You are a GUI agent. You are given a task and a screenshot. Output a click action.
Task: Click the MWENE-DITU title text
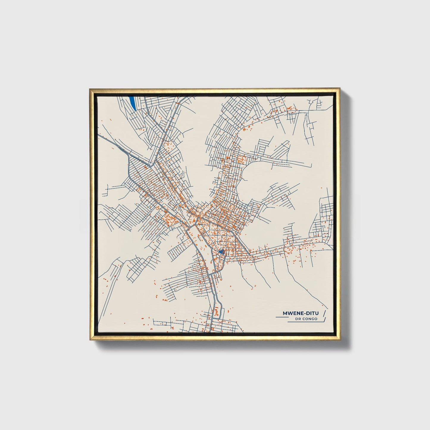[x=300, y=313]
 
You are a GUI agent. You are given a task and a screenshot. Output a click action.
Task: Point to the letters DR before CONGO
[x=297, y=319]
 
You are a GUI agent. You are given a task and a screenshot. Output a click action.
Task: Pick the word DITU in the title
[x=312, y=313]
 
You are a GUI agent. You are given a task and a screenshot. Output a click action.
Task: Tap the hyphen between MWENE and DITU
[x=305, y=313]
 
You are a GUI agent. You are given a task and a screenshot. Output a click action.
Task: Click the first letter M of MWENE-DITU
[x=285, y=313]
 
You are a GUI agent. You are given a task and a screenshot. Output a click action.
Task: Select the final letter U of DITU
[x=317, y=313]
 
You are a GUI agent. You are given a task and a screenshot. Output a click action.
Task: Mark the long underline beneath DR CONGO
[x=306, y=322]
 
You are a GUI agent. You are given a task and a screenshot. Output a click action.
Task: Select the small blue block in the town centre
[x=221, y=252]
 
